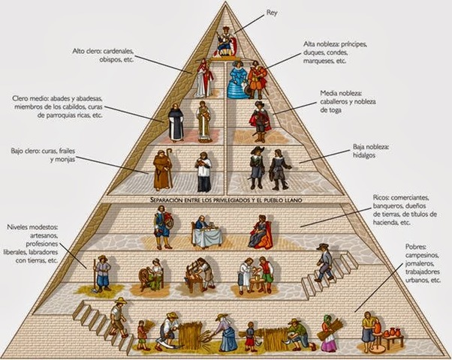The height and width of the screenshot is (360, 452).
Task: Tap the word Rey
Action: point(272,13)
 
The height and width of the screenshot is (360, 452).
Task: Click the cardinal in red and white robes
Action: point(203,79)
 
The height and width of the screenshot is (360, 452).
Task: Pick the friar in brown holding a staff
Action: point(162,169)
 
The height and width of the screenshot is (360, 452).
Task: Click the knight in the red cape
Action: point(261,120)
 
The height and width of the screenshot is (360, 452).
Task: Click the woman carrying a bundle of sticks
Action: point(329,330)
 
